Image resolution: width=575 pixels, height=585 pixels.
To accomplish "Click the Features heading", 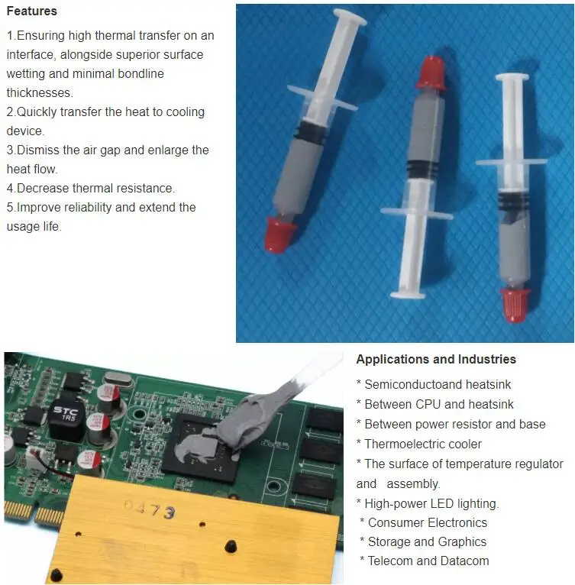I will click(x=31, y=11).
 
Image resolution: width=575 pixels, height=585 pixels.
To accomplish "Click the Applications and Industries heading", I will click(x=436, y=360).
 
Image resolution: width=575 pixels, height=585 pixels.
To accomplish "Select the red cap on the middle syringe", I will click(x=433, y=71).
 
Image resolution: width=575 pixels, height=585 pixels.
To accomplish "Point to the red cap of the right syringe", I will click(x=515, y=303).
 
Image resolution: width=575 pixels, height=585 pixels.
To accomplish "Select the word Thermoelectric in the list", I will click(x=403, y=444).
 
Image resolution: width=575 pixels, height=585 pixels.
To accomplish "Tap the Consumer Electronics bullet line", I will click(x=428, y=522).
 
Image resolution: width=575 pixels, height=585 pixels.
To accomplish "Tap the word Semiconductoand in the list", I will click(x=411, y=384).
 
